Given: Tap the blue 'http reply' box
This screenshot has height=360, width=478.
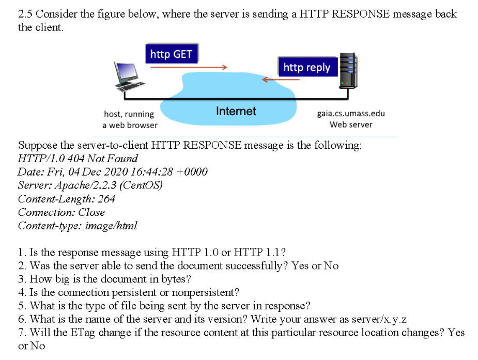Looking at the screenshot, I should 306,67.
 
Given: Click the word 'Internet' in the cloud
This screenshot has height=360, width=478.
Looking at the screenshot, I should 236,111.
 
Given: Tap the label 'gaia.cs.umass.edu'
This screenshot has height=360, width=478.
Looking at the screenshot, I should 350,114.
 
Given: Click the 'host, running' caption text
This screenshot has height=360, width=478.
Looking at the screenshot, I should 129,114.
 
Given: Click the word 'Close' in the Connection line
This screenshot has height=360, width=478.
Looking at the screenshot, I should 91,212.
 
